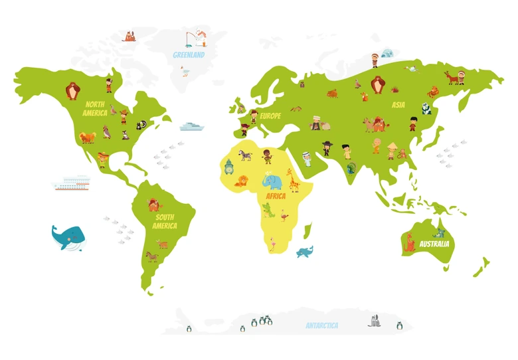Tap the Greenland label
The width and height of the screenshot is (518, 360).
click(x=189, y=55)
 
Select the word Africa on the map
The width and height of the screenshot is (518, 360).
click(x=275, y=197)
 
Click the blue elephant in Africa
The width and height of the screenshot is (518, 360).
click(x=272, y=181)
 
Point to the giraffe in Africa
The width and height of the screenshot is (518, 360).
click(x=293, y=179)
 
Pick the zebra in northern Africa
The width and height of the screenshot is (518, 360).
click(x=246, y=155)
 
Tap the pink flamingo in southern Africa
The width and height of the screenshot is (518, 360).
click(x=272, y=244)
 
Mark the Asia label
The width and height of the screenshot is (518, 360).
click(x=398, y=105)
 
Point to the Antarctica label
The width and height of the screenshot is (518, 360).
click(x=321, y=325)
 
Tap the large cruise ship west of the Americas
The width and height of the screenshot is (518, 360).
click(x=72, y=183)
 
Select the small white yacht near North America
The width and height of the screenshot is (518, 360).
click(x=191, y=126)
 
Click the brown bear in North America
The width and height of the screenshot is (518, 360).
click(x=72, y=90)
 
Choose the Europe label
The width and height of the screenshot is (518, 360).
click(x=270, y=116)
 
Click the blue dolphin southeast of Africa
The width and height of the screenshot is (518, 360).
click(x=305, y=252)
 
